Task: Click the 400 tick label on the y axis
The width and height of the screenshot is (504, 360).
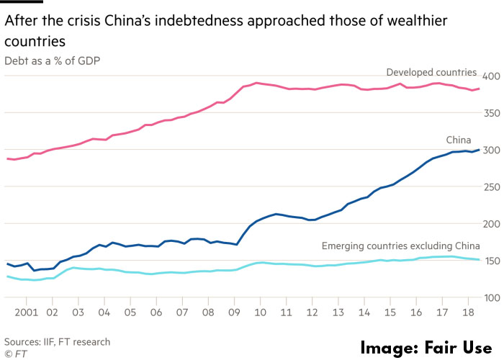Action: [491, 76]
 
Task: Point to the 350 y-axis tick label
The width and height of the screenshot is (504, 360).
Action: [491, 113]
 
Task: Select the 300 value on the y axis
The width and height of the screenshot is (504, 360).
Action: [491, 150]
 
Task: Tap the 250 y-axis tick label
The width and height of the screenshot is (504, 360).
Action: [491, 186]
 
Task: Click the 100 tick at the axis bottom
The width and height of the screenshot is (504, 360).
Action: [491, 297]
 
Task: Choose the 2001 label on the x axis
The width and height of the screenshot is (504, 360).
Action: [26, 314]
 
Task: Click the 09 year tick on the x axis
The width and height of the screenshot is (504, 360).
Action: [233, 314]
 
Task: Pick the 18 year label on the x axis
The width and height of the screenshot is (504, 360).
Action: [467, 314]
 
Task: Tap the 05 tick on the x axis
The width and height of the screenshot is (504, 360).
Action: [130, 314]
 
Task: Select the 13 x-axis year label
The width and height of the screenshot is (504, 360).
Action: [338, 314]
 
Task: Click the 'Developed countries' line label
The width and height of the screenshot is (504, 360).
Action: [431, 72]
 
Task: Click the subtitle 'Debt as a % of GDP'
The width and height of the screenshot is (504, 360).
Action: [52, 60]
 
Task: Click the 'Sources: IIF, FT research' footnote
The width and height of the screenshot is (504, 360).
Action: [58, 341]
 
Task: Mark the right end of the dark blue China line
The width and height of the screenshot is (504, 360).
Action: [480, 150]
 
